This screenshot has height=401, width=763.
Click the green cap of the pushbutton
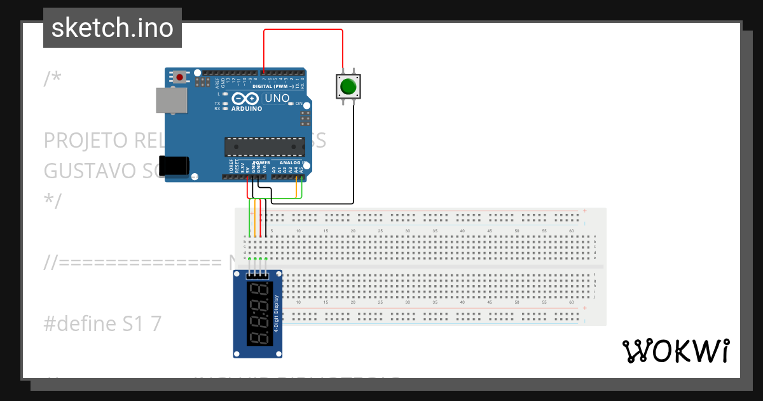point(348,86)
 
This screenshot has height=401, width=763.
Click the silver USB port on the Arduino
point(172,100)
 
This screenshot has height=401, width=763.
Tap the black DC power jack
point(174,165)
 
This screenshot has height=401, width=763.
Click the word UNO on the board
point(277,99)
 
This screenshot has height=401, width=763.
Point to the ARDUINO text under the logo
point(247,109)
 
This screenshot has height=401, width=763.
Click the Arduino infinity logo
point(245,99)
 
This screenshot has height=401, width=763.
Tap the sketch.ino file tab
point(113,28)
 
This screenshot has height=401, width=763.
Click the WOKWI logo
point(675,351)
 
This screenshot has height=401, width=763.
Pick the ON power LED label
point(299,103)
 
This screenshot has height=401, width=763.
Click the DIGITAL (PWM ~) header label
point(273,86)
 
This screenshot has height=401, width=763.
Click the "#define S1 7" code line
point(102,324)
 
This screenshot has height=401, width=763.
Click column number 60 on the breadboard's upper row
point(572,230)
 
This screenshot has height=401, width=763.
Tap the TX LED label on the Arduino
point(217,103)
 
